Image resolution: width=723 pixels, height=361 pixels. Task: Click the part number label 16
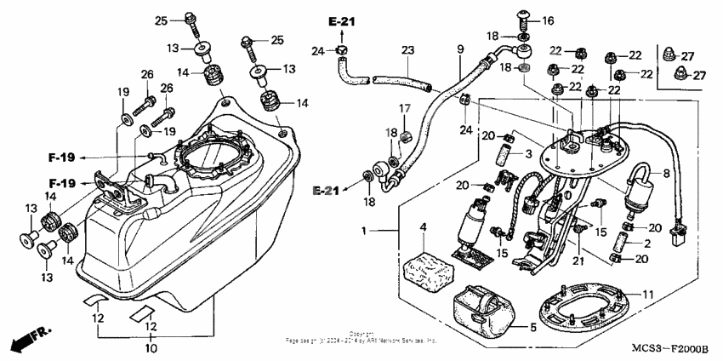[547, 20]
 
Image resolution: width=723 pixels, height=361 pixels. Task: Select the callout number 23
[407, 50]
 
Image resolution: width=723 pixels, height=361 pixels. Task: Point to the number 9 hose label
[460, 50]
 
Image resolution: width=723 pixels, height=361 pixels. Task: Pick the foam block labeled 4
[430, 268]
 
